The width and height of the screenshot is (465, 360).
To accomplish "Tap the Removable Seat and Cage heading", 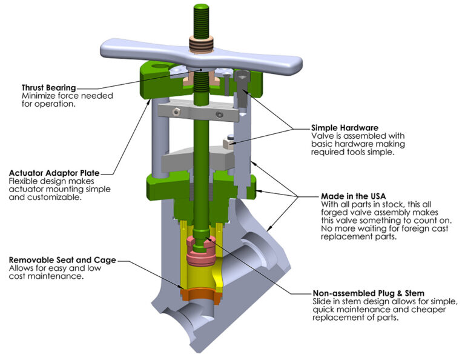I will pyautogui.click(x=62, y=260).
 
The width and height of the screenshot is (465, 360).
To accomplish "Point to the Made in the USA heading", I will pyautogui.click(x=351, y=197).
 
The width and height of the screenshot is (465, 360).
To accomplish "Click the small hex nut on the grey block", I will pyautogui.click(x=229, y=144).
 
